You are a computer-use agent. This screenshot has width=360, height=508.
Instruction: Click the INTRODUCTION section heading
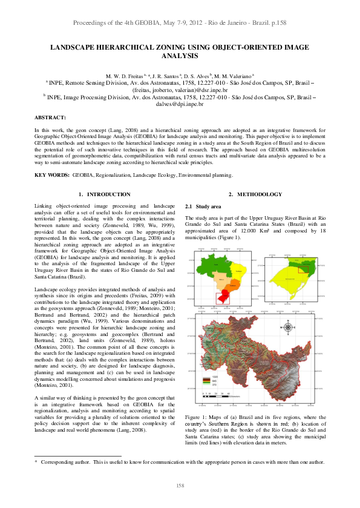(108, 194)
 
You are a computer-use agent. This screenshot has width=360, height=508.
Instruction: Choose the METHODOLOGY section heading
(259, 194)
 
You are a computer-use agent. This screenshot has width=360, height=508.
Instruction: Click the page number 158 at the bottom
(180, 486)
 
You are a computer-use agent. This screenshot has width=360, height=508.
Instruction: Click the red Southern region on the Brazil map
(223, 297)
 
